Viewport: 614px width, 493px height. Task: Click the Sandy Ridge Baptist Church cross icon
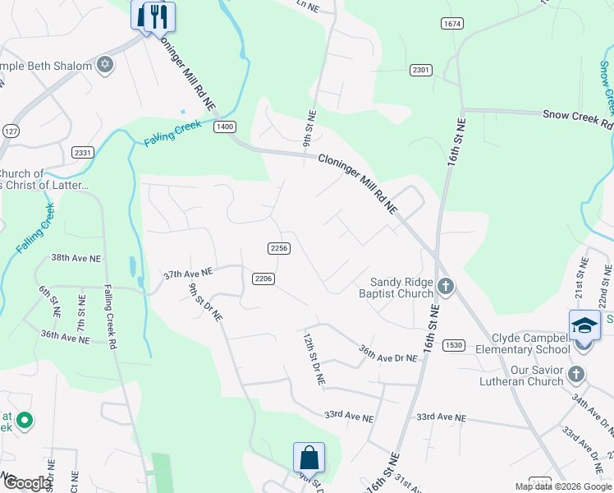click(x=446, y=287)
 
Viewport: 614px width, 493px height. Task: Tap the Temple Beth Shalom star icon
click(x=105, y=64)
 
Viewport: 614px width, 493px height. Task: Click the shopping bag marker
click(x=309, y=457)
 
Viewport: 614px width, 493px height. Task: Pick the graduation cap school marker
click(x=584, y=325)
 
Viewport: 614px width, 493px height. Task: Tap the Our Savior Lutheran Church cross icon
click(x=575, y=375)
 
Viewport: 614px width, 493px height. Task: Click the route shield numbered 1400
click(x=224, y=127)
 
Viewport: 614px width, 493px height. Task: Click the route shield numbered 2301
click(x=421, y=70)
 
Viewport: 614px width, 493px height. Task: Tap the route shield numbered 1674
click(x=451, y=23)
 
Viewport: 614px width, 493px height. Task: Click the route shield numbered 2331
click(x=83, y=153)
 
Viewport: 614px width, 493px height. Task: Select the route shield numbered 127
click(x=11, y=131)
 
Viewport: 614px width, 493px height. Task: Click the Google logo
click(x=26, y=483)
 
